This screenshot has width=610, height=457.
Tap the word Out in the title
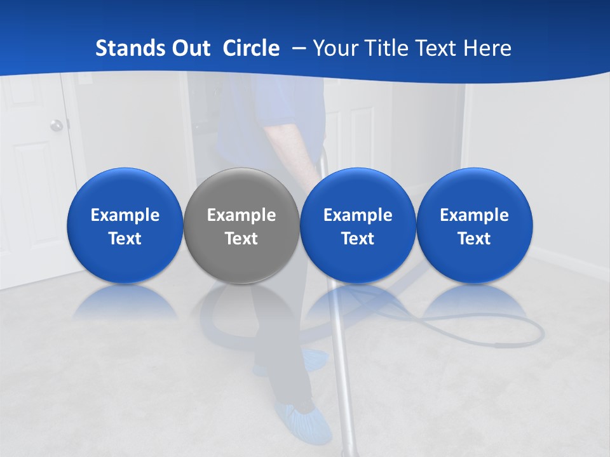(190, 48)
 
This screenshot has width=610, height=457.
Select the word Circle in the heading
(251, 48)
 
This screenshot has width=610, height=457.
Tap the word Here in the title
(489, 48)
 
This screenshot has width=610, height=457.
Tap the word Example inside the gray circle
(241, 215)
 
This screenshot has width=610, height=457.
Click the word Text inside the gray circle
(241, 239)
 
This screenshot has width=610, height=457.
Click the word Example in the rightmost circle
(475, 215)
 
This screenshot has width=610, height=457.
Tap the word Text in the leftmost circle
(125, 239)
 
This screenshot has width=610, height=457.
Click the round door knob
(57, 125)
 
